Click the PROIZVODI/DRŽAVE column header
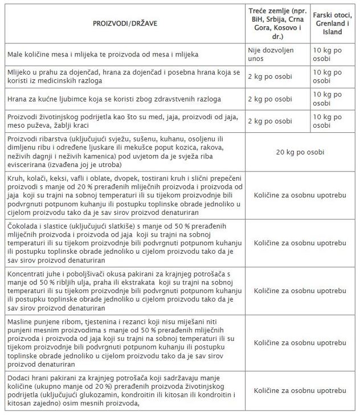(x=125, y=24)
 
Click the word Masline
(x=20, y=324)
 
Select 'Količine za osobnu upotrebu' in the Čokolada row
(x=300, y=243)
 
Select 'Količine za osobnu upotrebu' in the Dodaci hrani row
(x=300, y=390)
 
